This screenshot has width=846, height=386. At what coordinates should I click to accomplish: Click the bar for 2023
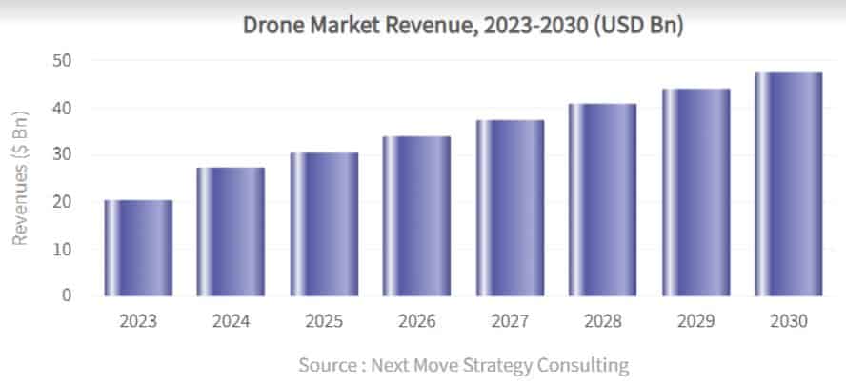138,248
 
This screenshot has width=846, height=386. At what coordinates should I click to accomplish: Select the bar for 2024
231,232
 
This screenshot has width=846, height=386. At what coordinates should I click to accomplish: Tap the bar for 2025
324,224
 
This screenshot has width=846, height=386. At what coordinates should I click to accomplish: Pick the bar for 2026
416,216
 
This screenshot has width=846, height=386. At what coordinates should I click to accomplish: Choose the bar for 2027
510,208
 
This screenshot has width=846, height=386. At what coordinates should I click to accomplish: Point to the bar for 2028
602,200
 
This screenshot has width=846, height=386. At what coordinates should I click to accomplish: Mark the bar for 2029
695,193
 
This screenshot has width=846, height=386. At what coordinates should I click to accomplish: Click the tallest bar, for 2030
788,184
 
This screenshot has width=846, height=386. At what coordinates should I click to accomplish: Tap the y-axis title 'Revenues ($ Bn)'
20,177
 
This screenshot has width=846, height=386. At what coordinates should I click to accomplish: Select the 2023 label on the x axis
138,321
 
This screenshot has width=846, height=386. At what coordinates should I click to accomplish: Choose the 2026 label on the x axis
416,321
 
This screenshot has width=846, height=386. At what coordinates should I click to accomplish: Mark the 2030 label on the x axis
788,321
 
